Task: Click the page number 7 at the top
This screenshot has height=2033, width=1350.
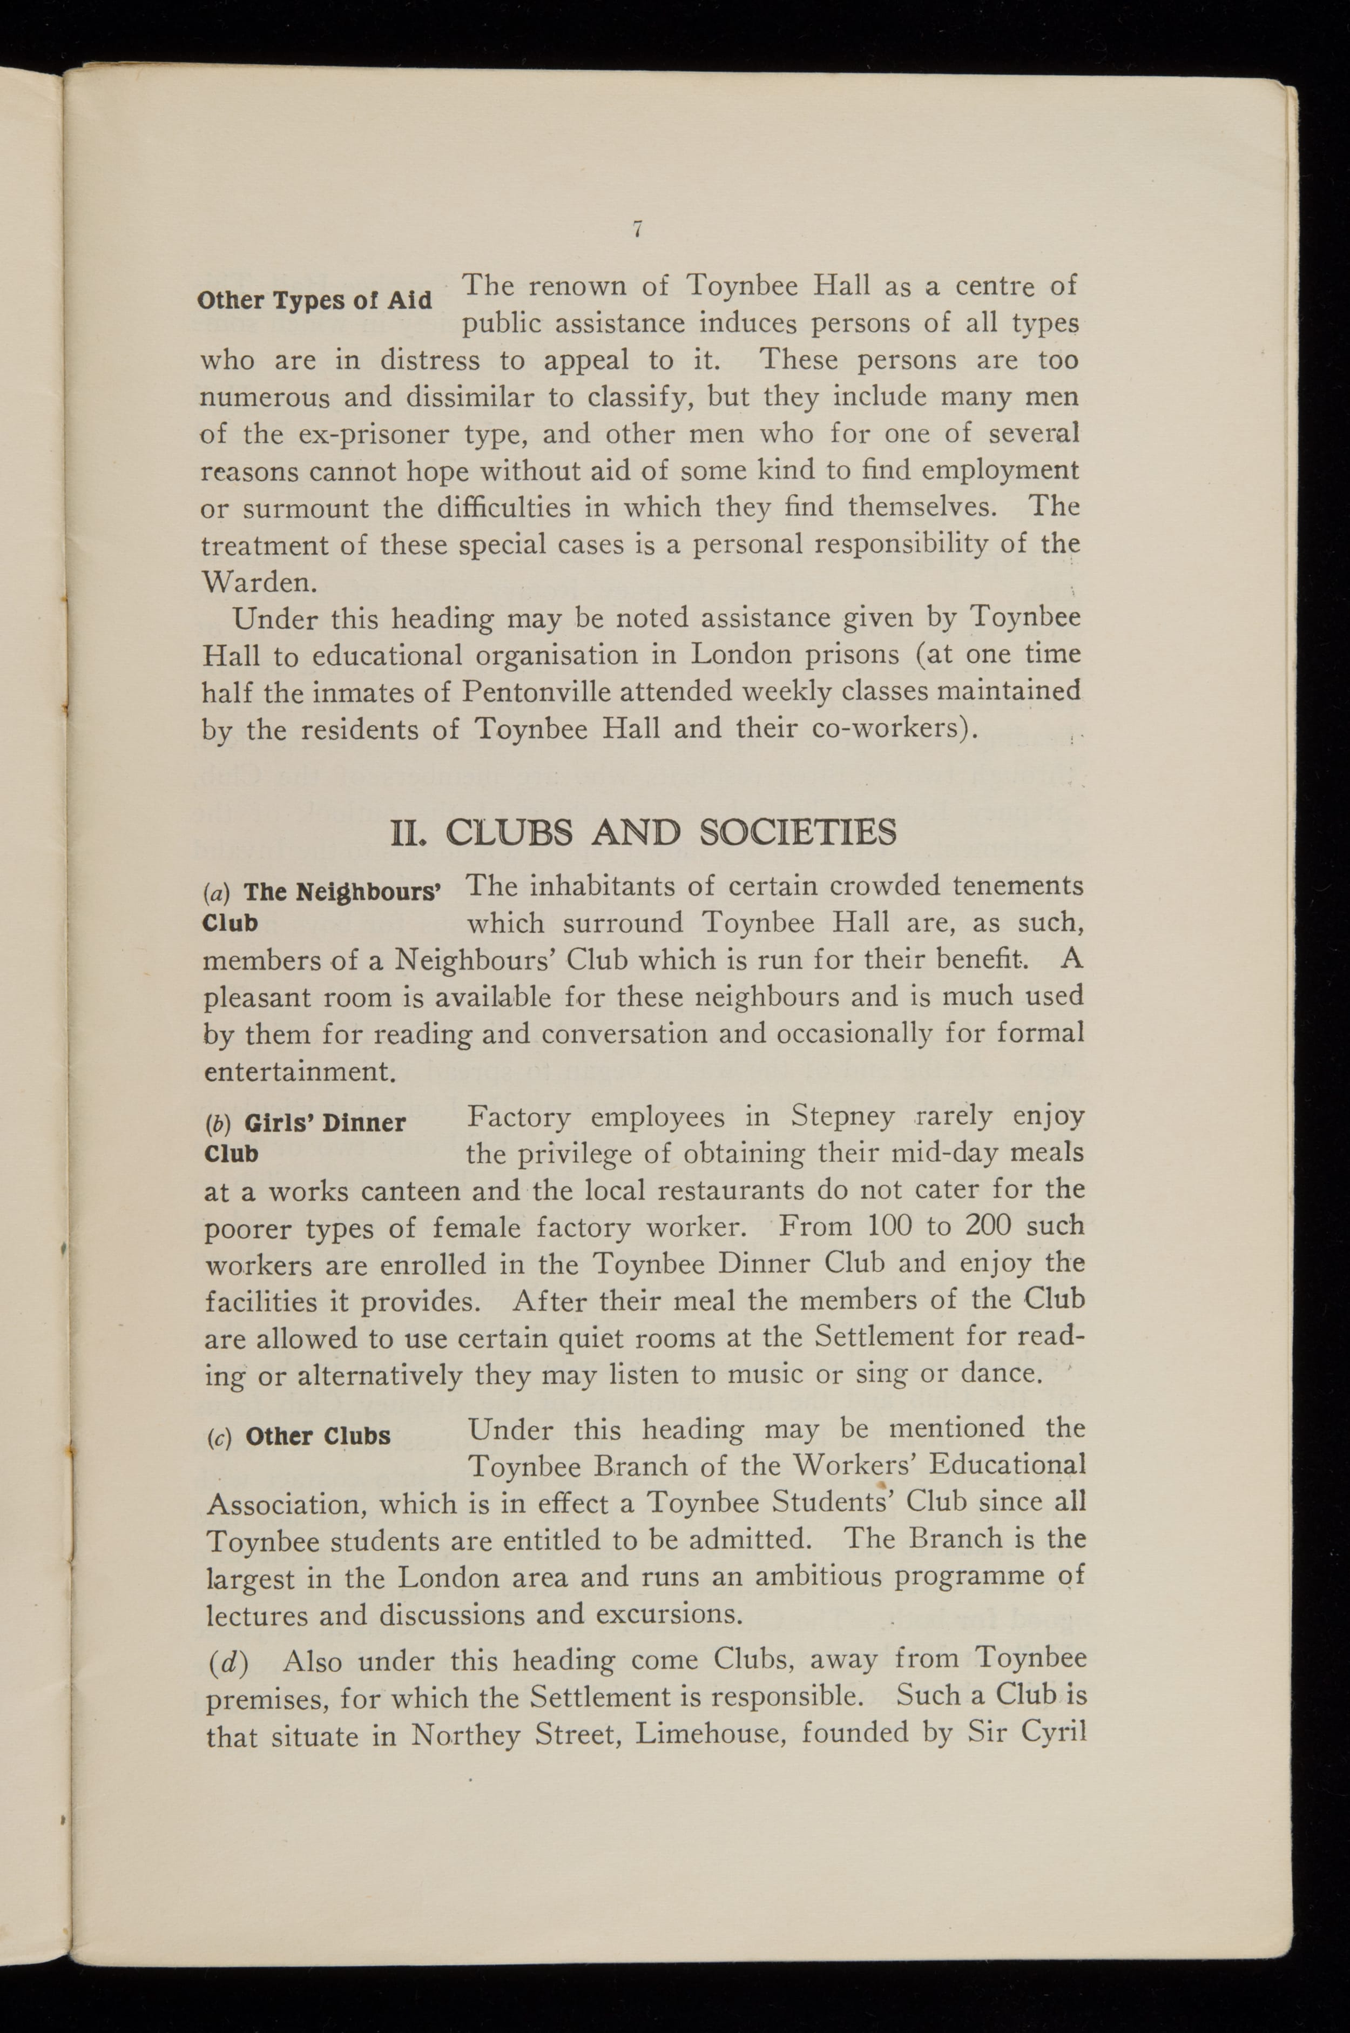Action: (637, 229)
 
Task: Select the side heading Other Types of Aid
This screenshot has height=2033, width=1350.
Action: (314, 300)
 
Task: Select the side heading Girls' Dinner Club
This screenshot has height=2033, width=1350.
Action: (306, 1136)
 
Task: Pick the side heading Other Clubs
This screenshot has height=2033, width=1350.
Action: (318, 1436)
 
